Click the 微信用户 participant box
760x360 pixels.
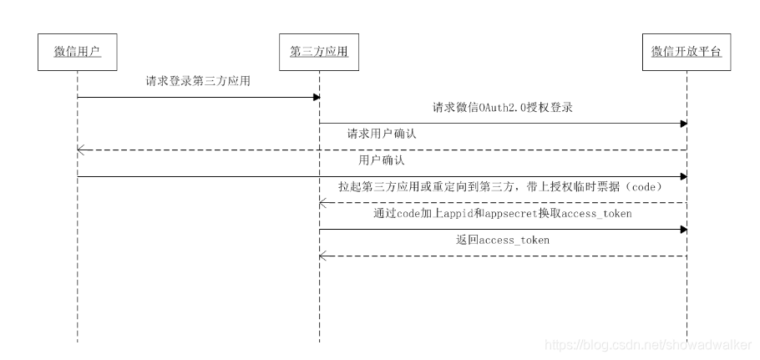coord(77,52)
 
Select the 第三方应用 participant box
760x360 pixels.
coord(318,52)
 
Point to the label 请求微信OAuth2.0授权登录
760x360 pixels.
coord(501,108)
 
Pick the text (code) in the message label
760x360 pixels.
coord(644,187)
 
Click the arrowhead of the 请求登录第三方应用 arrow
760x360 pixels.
coord(317,98)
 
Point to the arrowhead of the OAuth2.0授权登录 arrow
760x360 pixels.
coord(683,124)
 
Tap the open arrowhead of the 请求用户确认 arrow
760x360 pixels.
coord(80,150)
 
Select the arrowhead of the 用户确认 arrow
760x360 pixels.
coord(683,176)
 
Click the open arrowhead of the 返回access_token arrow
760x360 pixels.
coord(322,255)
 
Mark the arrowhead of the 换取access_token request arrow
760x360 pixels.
coord(683,229)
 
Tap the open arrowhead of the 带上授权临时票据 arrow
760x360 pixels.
coord(322,202)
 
